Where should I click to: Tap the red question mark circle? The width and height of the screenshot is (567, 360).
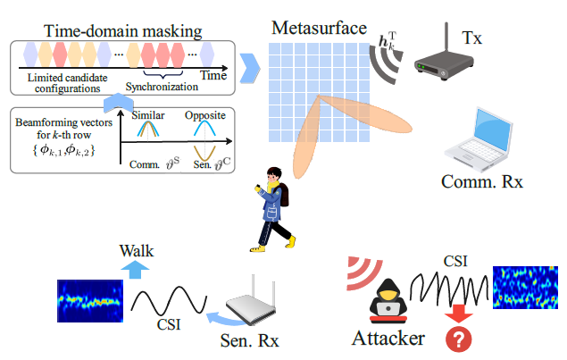point(459,339)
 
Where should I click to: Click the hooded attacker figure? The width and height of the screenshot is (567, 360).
point(388,301)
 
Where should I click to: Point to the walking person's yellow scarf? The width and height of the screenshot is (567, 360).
point(272,187)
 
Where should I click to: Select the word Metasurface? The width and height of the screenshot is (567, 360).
point(319,28)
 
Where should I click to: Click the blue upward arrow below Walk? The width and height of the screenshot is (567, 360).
point(135,270)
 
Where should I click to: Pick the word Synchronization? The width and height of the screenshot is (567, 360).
point(162,87)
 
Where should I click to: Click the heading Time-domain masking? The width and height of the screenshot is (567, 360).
point(122,31)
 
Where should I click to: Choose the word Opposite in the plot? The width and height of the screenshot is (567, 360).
point(205,115)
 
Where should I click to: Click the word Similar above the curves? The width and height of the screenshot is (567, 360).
point(148,115)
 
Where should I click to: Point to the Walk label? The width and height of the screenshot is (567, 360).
point(137,251)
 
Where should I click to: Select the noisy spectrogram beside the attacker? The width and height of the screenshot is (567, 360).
point(525,288)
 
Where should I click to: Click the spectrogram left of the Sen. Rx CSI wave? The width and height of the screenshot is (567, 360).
point(90,301)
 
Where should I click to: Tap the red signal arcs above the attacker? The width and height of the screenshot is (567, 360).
point(363,272)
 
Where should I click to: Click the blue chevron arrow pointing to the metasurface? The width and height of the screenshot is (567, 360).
point(250,68)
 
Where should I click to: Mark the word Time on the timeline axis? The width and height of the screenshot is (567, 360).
point(213,76)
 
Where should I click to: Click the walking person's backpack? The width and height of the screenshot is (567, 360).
point(284,195)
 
